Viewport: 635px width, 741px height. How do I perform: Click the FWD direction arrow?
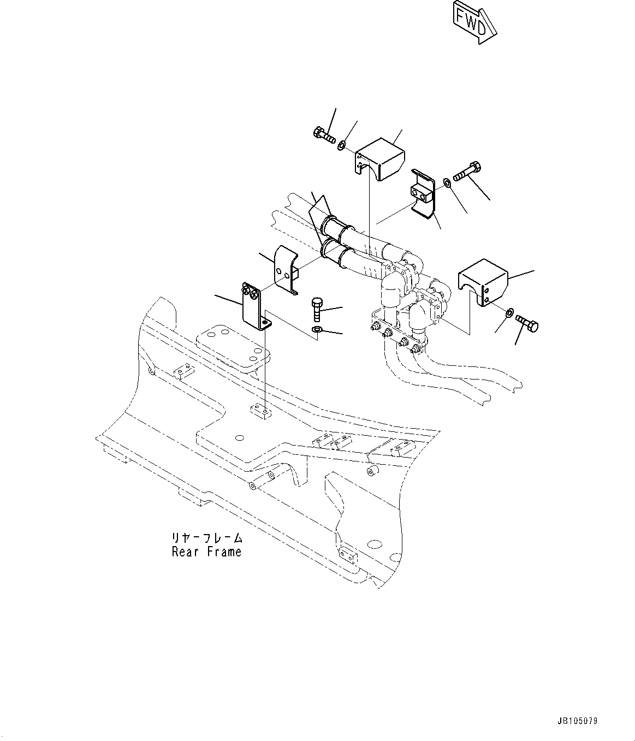(x=473, y=22)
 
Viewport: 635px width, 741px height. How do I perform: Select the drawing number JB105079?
(x=578, y=721)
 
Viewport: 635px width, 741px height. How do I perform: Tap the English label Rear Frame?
(x=206, y=552)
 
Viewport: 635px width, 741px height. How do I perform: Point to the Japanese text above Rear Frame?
(x=206, y=538)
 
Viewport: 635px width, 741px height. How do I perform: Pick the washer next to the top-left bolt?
(x=341, y=145)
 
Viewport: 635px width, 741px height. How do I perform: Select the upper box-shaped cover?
(x=379, y=158)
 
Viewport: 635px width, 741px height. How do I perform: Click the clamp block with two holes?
(x=420, y=192)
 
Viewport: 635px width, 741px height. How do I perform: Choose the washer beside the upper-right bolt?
(x=447, y=181)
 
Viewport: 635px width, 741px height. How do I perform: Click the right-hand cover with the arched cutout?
(x=483, y=281)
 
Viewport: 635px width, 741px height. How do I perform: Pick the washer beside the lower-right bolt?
(x=509, y=312)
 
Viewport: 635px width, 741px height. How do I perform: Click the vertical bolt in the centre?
(x=317, y=309)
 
